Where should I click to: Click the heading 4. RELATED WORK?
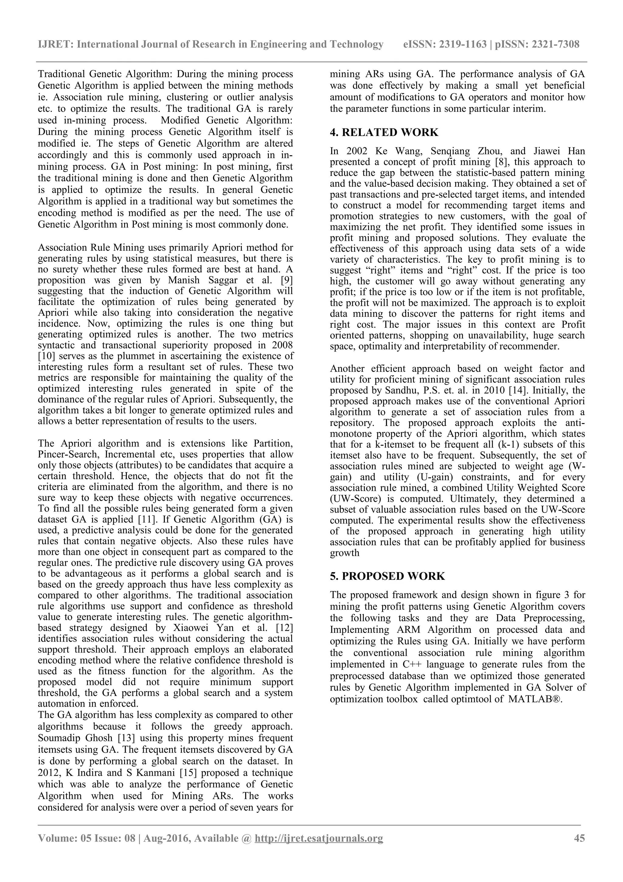click(384, 132)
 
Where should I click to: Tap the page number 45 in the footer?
click(579, 838)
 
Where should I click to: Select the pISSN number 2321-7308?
click(555, 44)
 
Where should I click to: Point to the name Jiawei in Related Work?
click(548, 151)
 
